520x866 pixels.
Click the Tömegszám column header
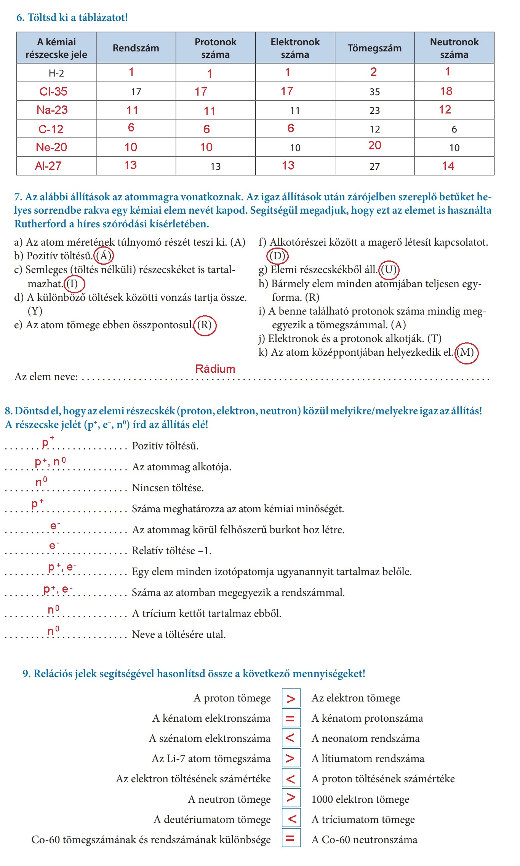pyautogui.click(x=374, y=48)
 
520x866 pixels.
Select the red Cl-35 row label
pyautogui.click(x=53, y=91)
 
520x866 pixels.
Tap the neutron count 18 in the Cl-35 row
pyautogui.click(x=446, y=91)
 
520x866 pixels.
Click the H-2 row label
pyautogui.click(x=56, y=73)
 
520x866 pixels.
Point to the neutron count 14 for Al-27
pyautogui.click(x=448, y=166)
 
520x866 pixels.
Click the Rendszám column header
pyautogui.click(x=136, y=48)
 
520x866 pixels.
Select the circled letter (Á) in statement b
pyautogui.click(x=104, y=256)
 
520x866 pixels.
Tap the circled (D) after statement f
pyautogui.click(x=277, y=256)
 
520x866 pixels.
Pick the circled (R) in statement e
pyautogui.click(x=205, y=325)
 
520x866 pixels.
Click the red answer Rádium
pyautogui.click(x=215, y=369)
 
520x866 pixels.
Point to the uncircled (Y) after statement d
pyautogui.click(x=35, y=311)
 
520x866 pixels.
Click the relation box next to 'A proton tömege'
pyautogui.click(x=291, y=698)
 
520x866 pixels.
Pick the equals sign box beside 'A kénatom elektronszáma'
pyautogui.click(x=291, y=718)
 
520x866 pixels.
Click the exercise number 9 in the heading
pyautogui.click(x=26, y=673)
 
